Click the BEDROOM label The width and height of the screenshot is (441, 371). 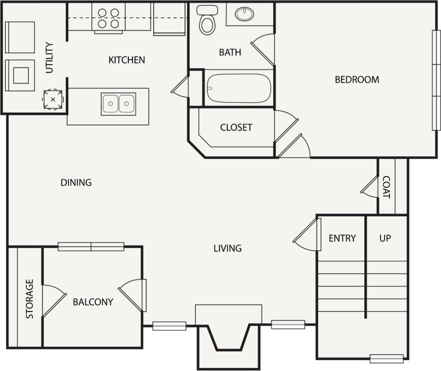click(x=357, y=79)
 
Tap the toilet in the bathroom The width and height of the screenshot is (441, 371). click(x=207, y=20)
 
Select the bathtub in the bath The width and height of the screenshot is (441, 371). click(x=238, y=88)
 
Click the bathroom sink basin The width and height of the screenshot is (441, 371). click(x=244, y=14)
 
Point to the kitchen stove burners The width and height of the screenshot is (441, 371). click(x=108, y=18)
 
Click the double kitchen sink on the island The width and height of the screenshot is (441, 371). click(x=119, y=103)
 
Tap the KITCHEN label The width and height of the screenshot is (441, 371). click(x=127, y=60)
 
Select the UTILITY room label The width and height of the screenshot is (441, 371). click(x=49, y=58)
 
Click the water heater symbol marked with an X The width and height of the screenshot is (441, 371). click(x=52, y=99)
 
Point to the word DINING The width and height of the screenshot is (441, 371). click(x=76, y=182)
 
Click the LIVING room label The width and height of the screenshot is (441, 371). click(x=227, y=248)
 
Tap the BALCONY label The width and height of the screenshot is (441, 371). click(x=93, y=302)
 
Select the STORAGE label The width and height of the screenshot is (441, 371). click(x=30, y=299)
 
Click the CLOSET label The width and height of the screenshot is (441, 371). click(x=236, y=127)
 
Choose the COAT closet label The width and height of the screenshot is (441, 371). click(x=386, y=187)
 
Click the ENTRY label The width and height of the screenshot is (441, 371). click(x=342, y=238)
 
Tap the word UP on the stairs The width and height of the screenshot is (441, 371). click(x=385, y=238)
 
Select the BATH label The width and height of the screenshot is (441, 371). click(x=230, y=52)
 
